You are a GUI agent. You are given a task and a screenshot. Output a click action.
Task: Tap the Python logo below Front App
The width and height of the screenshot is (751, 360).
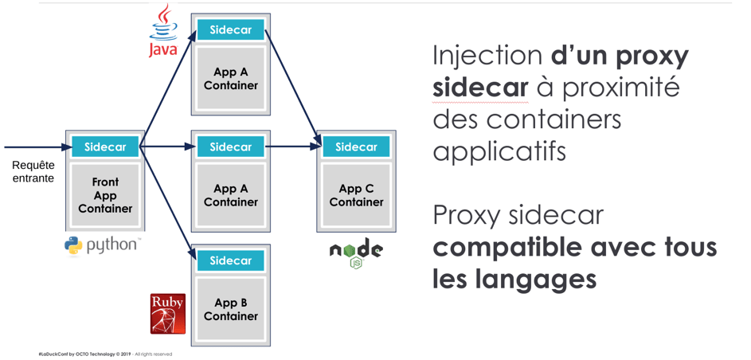click(102, 245)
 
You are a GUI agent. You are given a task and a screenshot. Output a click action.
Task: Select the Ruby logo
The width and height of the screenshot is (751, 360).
click(167, 313)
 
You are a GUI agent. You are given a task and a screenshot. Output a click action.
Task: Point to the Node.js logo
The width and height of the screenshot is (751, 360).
click(356, 252)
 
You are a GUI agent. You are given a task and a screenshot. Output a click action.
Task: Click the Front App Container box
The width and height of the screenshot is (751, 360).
click(105, 195)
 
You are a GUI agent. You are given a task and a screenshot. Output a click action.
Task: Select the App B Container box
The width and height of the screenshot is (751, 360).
click(230, 309)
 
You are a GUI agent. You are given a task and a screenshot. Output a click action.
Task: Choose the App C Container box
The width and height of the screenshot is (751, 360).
click(356, 195)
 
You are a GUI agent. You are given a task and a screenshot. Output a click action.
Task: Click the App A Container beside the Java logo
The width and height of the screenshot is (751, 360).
click(230, 78)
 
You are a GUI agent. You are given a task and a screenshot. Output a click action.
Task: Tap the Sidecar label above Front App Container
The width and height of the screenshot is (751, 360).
click(105, 147)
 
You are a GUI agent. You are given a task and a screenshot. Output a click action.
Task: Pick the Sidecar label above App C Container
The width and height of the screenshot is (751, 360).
click(356, 147)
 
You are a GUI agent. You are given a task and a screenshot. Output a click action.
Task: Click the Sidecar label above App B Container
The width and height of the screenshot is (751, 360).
click(230, 260)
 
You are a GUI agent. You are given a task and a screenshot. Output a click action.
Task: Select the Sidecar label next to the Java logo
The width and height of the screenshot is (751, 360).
click(230, 30)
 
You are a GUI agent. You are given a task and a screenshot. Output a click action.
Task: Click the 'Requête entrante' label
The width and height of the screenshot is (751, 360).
click(33, 172)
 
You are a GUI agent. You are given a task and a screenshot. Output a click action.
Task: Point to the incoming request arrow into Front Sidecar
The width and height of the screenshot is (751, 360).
click(36, 147)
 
